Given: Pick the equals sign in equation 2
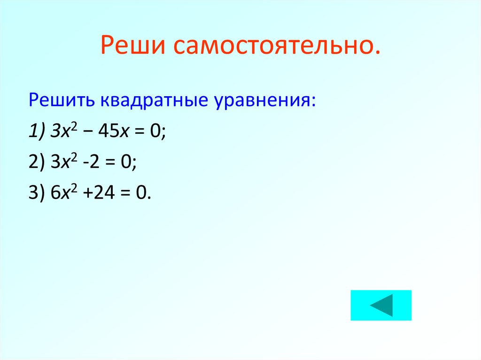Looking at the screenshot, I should [x=111, y=163].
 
